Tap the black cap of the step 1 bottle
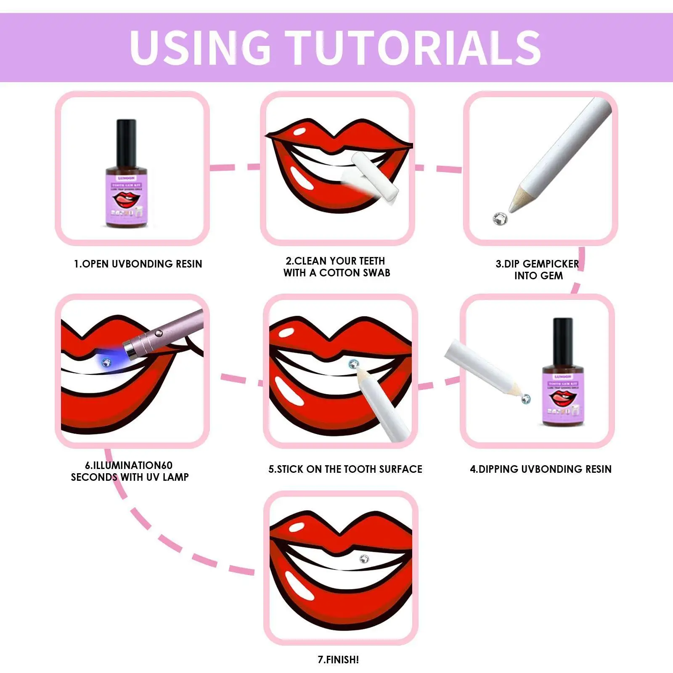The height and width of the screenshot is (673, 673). coord(126,141)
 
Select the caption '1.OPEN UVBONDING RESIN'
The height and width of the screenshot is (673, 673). coord(138,264)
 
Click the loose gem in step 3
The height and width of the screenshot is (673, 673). coord(500,218)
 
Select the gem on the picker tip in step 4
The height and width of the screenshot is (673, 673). coord(526,398)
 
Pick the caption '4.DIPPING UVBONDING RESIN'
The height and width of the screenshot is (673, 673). coord(541,469)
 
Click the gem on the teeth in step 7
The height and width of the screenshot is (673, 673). coord(364,559)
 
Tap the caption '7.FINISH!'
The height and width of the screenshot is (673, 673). coord(338,660)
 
